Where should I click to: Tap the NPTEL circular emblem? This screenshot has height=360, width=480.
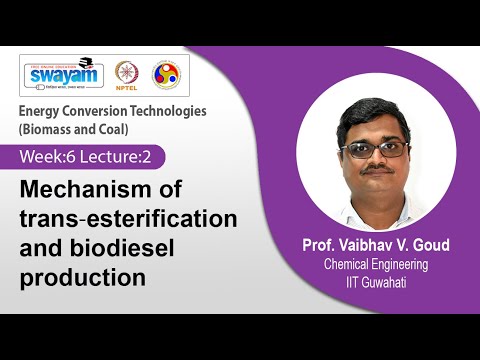(x=127, y=74)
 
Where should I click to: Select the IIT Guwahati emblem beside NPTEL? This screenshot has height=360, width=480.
(x=164, y=74)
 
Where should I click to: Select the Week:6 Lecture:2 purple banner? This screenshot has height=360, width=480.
(x=90, y=156)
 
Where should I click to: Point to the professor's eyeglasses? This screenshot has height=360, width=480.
(x=373, y=150)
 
